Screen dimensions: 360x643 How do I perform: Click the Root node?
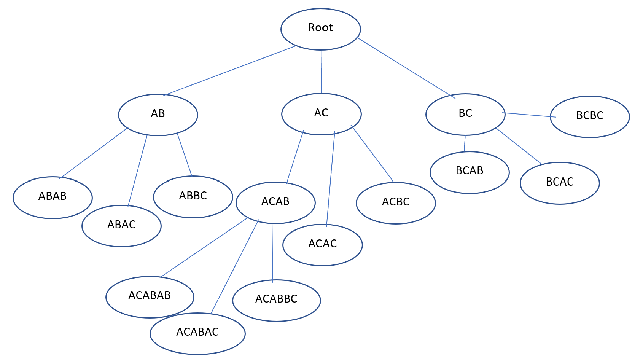[320, 29]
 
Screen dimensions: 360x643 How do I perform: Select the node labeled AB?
[158, 115]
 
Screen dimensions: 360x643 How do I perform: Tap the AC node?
[321, 114]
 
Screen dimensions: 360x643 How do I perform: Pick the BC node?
[465, 114]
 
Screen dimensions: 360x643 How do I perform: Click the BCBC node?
[589, 116]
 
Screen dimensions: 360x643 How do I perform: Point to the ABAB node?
[53, 197]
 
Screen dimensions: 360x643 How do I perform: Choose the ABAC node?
[121, 226]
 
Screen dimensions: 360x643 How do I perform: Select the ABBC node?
[193, 197]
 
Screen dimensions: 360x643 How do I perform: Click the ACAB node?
[275, 202]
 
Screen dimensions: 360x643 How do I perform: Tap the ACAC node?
[322, 245]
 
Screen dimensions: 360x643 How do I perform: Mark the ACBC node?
[396, 203]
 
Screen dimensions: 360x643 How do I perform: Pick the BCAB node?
[470, 172]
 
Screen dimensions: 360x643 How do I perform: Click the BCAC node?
[559, 183]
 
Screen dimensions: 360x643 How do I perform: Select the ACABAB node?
[150, 297]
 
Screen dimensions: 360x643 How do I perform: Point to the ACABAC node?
[197, 333]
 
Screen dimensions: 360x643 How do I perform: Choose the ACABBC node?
[276, 300]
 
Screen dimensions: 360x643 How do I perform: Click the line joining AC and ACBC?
[372, 153]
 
